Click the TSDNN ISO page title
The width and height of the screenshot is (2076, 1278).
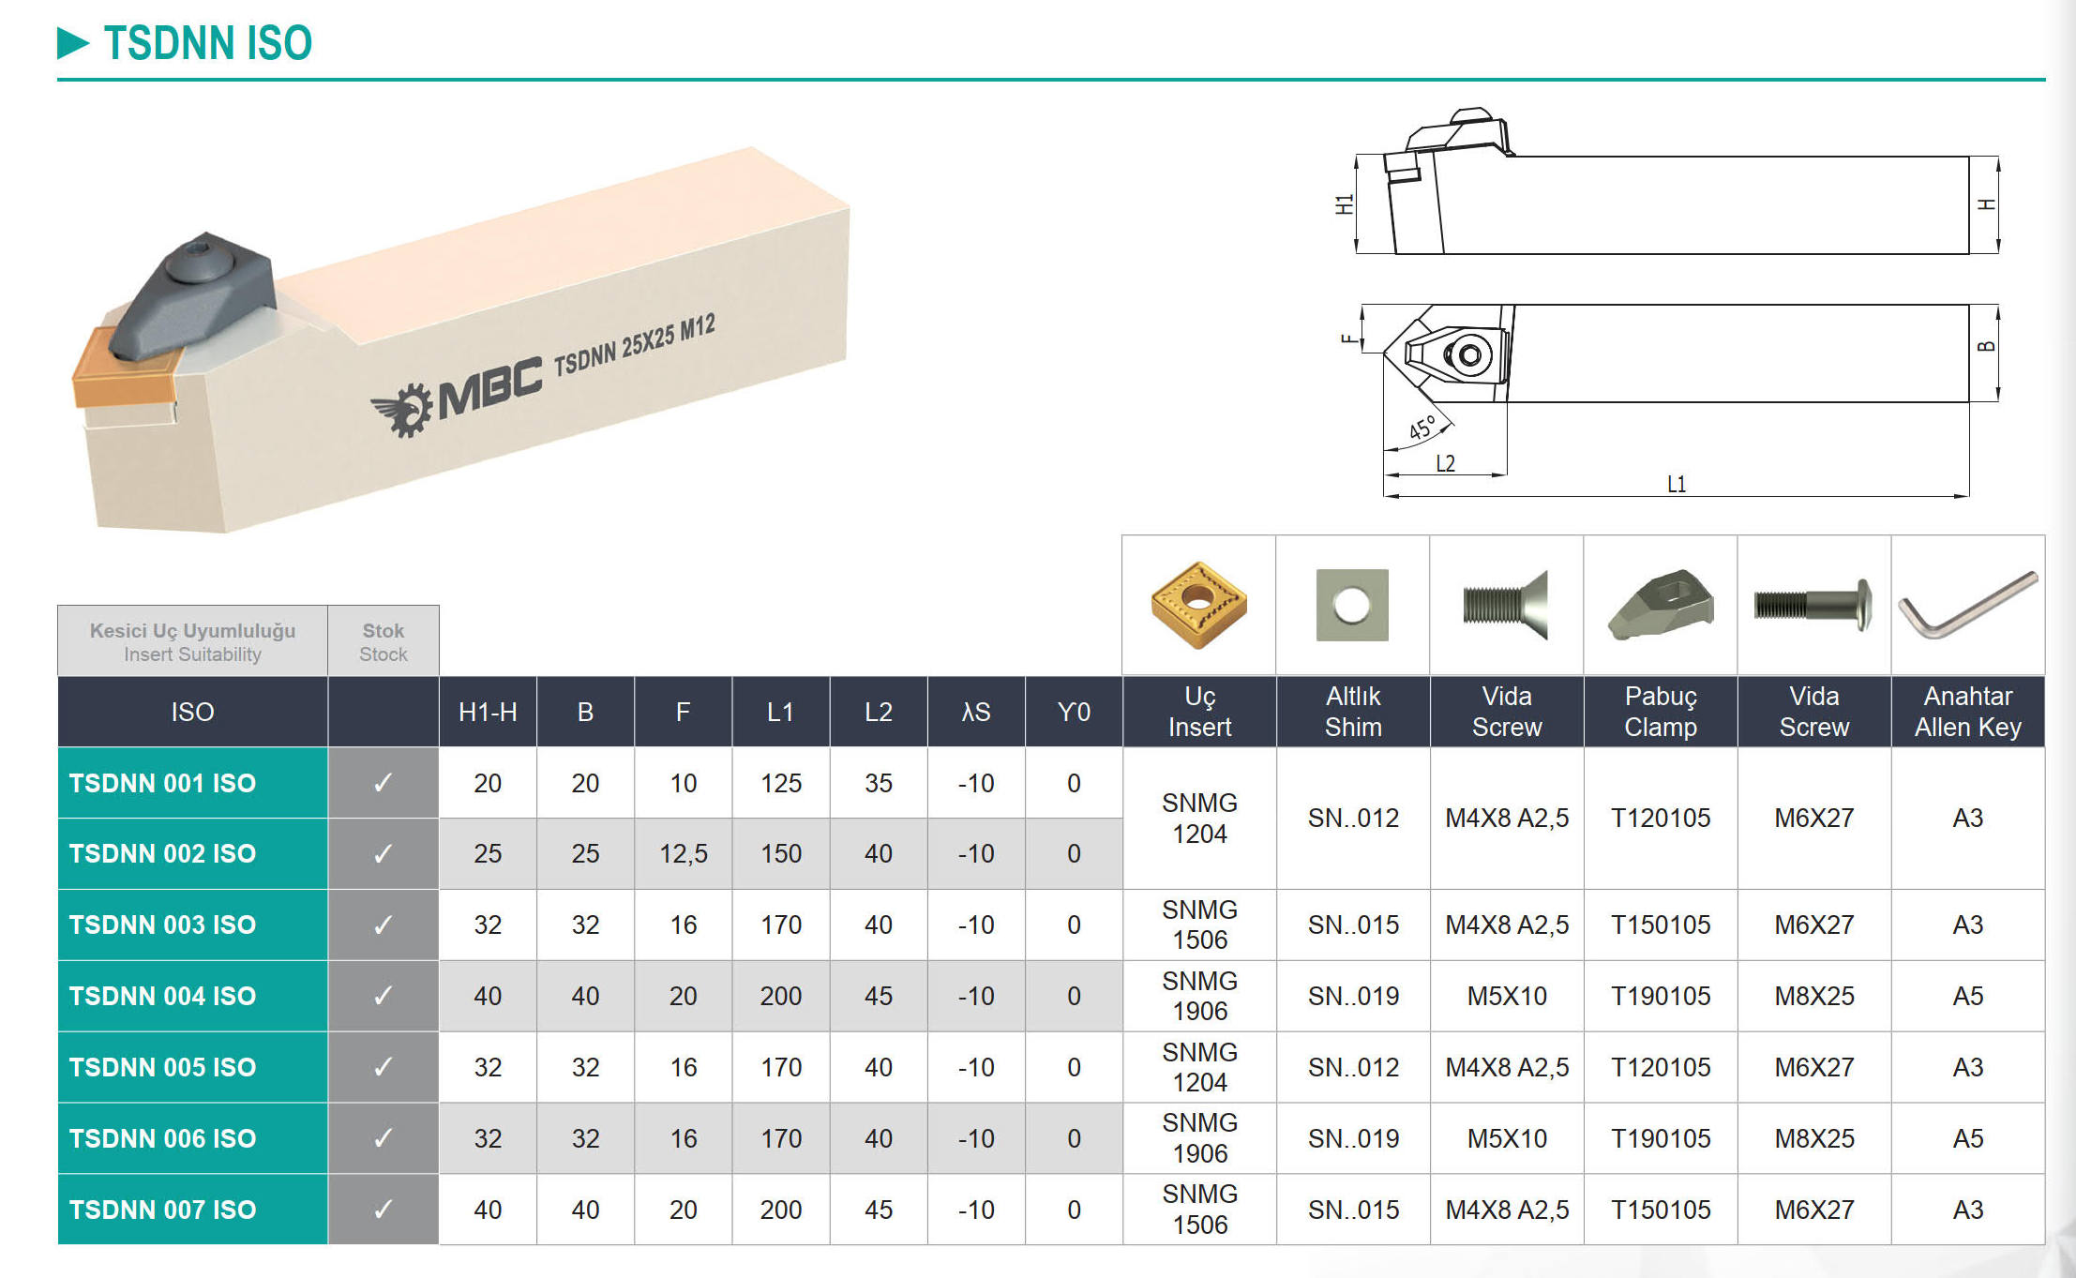click(x=207, y=43)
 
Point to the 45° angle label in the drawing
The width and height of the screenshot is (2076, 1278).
click(x=1422, y=428)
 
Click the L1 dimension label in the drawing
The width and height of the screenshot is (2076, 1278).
click(x=1677, y=484)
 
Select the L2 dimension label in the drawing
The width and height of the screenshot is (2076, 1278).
click(x=1445, y=463)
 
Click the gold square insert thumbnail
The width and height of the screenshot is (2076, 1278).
click(x=1198, y=605)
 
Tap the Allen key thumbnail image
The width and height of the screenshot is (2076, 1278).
click(x=1967, y=606)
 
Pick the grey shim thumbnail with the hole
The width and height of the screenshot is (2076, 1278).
click(x=1352, y=605)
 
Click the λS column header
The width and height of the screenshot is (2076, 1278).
click(x=976, y=712)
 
